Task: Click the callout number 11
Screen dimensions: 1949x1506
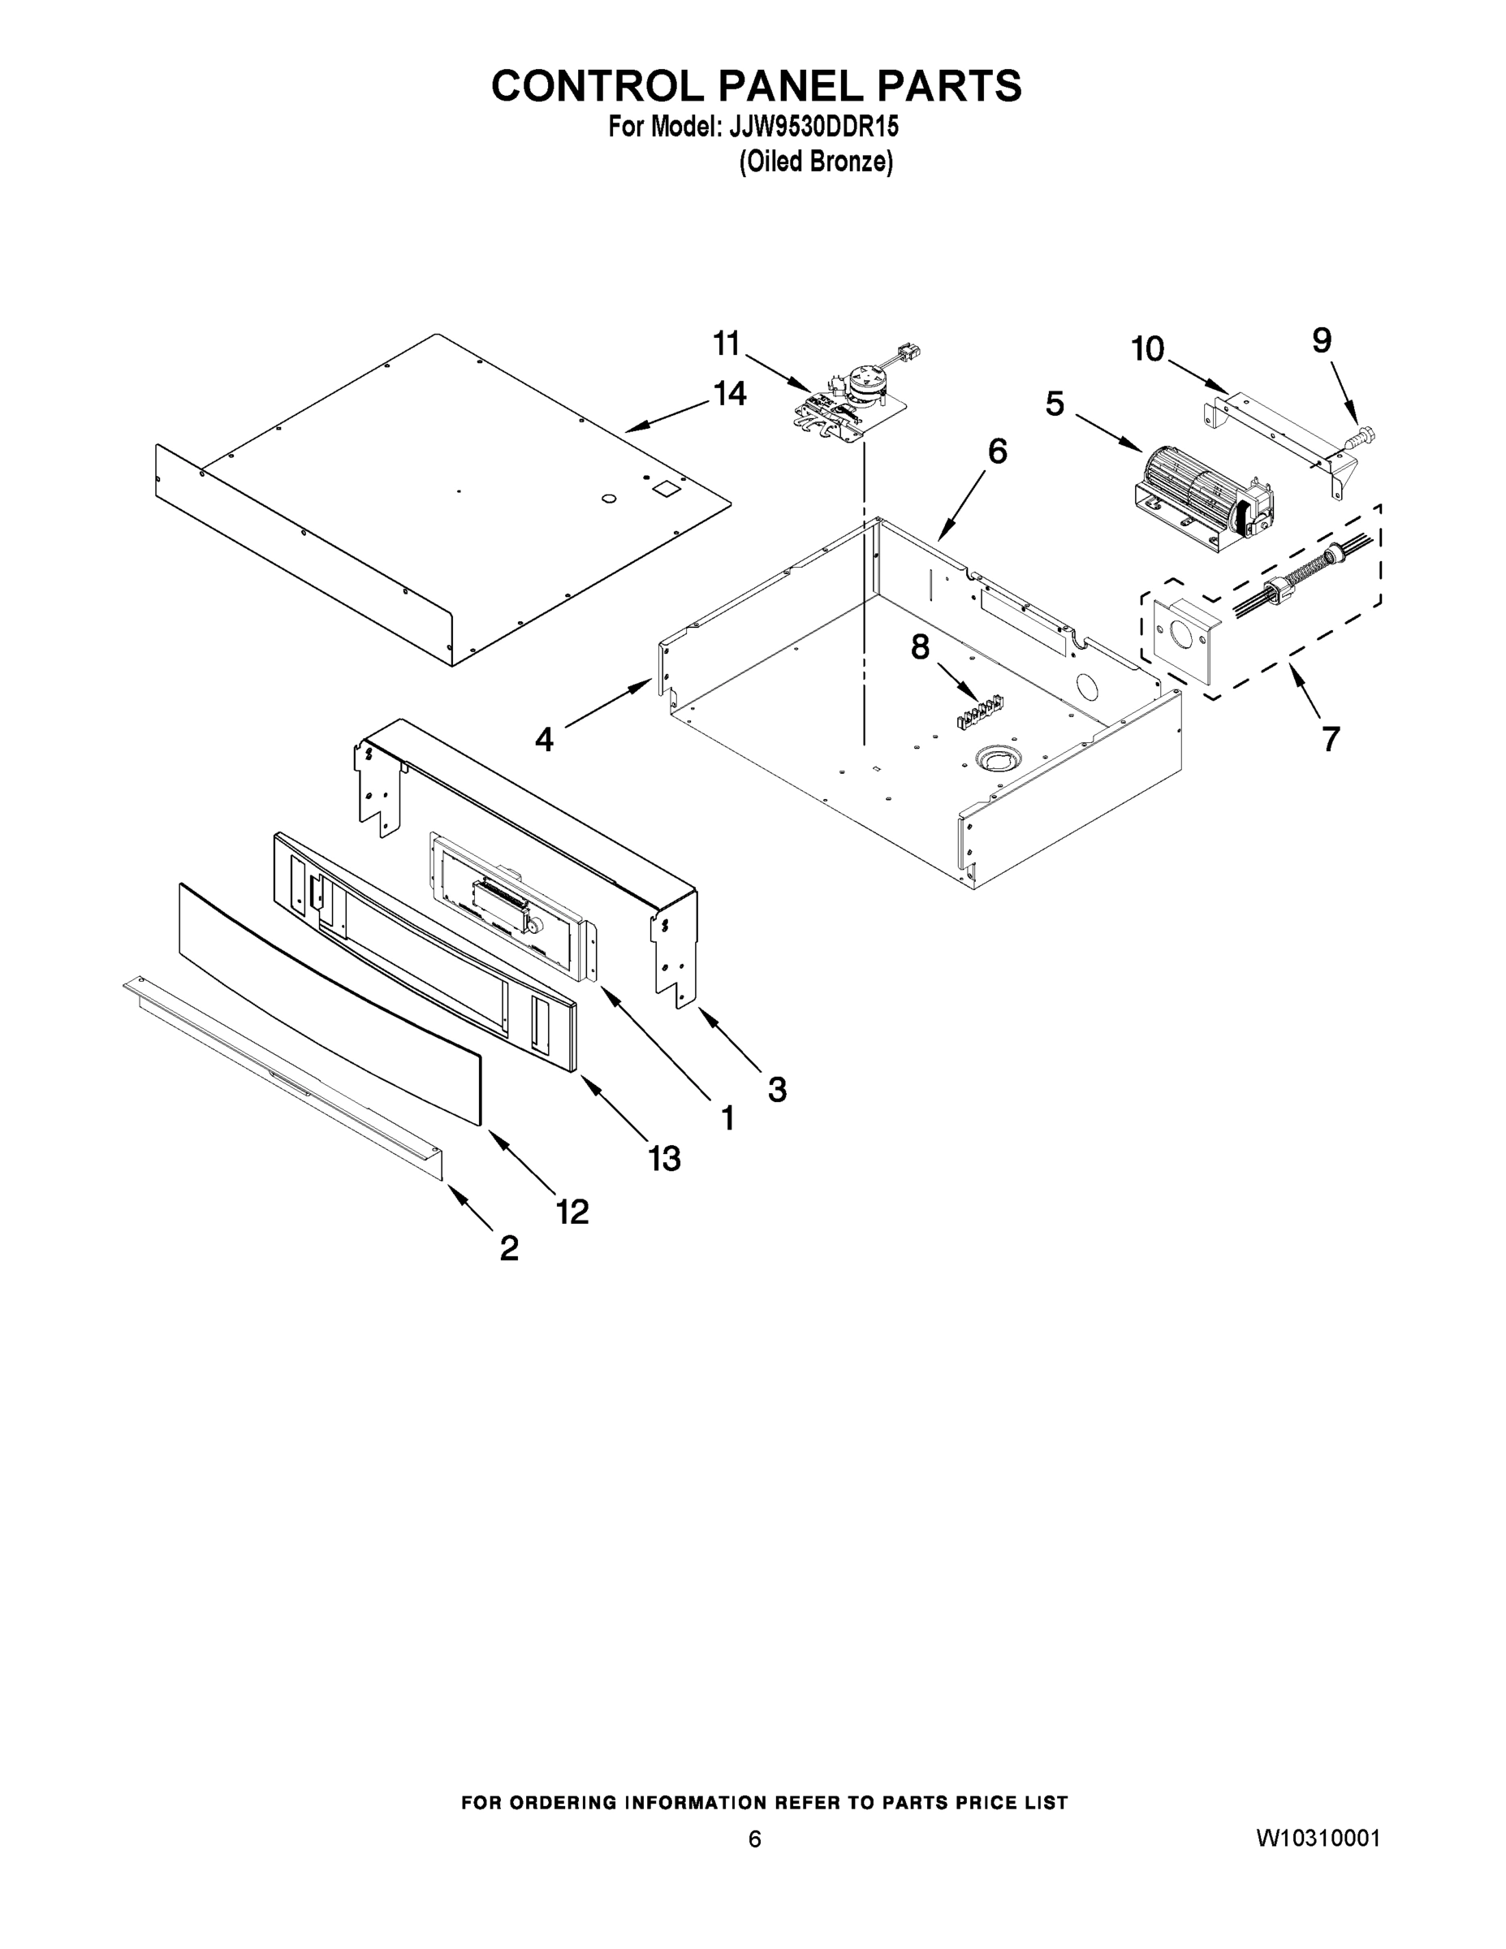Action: click(x=727, y=344)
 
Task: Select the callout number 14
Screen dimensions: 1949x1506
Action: click(x=731, y=394)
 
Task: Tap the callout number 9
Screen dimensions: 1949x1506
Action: click(x=1323, y=340)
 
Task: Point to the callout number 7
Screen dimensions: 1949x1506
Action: click(x=1331, y=739)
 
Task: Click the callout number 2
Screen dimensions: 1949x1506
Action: click(x=508, y=1247)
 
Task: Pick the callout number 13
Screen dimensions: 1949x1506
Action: click(x=665, y=1158)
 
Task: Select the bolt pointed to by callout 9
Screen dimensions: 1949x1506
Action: click(x=1360, y=437)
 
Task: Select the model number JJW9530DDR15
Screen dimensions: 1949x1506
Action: click(x=813, y=127)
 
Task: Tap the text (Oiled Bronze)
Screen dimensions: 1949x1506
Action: click(x=815, y=162)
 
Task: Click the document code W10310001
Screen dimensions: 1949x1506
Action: click(x=1318, y=1839)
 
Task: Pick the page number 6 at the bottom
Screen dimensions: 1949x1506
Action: click(x=755, y=1839)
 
